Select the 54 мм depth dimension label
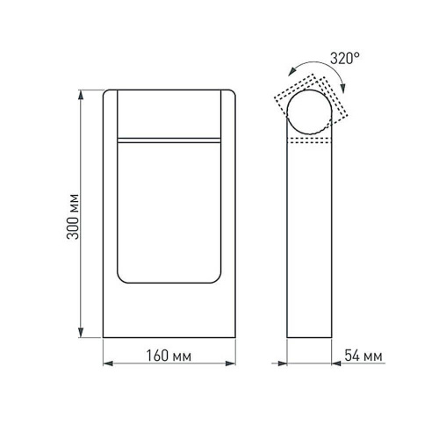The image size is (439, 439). pos(363,357)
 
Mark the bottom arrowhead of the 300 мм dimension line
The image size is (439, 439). pos(83,335)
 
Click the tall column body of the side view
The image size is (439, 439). pos(311,246)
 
